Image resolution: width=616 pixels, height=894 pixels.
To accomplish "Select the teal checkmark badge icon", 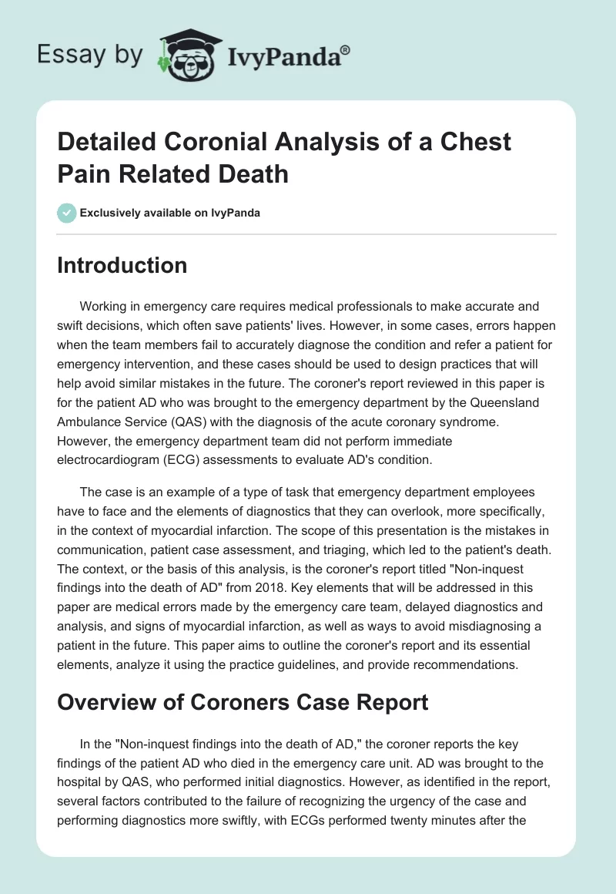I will [66, 213].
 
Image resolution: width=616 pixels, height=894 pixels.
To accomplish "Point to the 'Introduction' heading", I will [122, 265].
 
